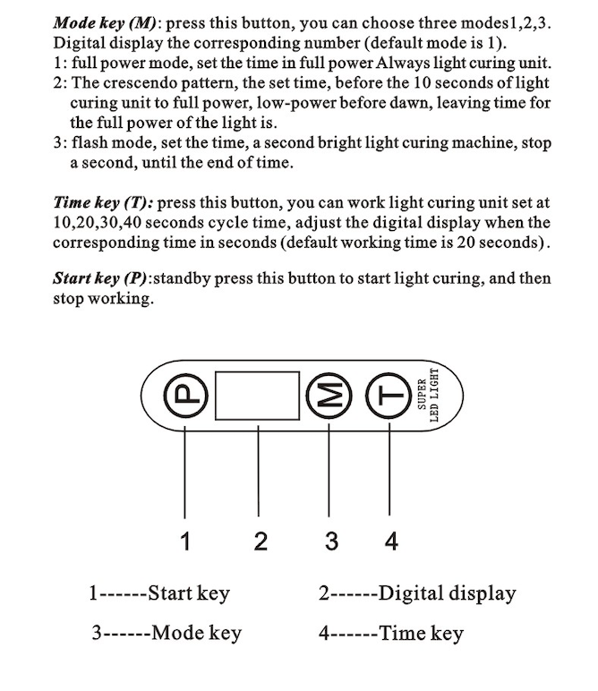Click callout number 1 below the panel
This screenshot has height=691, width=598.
click(185, 541)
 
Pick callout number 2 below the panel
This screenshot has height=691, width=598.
click(260, 541)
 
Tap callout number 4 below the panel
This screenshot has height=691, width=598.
click(390, 541)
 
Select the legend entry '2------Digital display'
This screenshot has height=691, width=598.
click(416, 593)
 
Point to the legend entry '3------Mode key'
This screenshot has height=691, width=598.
click(167, 634)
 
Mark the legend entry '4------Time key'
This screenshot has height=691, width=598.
click(391, 634)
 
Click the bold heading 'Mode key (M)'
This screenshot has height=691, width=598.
click(106, 21)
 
